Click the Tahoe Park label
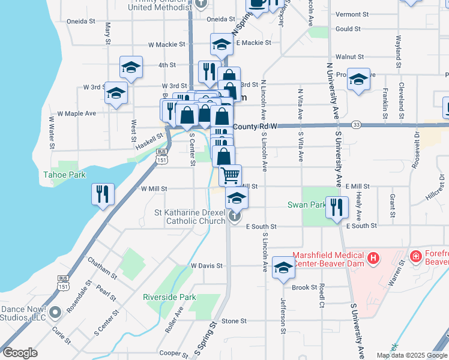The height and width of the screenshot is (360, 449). [64, 175]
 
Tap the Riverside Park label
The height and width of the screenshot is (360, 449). [169, 297]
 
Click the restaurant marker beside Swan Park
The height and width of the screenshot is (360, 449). [336, 207]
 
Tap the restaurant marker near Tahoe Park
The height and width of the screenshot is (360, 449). [103, 194]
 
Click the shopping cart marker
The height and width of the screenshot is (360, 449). [230, 175]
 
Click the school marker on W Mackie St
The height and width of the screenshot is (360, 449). [221, 44]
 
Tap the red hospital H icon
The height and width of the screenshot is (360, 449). [373, 259]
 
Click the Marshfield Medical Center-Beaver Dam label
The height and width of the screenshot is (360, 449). [329, 259]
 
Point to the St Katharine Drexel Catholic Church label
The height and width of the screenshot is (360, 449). [190, 217]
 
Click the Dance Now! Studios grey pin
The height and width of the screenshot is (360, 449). [55, 311]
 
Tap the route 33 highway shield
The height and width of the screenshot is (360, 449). [356, 124]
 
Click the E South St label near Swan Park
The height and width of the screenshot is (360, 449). [362, 226]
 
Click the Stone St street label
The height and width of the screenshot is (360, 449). [230, 321]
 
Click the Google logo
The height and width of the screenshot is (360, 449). [20, 353]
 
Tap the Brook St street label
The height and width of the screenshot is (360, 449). [304, 287]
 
